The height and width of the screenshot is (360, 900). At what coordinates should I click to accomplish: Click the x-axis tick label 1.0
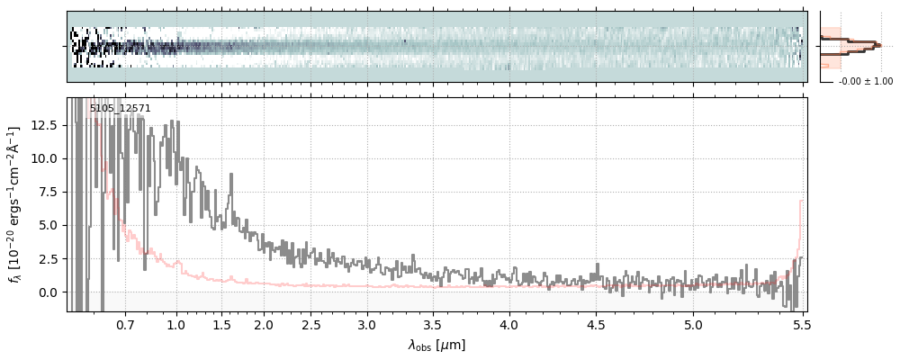pyautogui.click(x=176, y=324)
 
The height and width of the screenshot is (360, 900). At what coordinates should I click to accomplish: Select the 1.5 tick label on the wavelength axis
pyautogui.click(x=221, y=324)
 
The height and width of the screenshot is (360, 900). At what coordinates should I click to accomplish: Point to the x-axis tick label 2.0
pyautogui.click(x=264, y=324)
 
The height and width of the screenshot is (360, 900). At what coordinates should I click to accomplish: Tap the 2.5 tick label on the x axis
pyautogui.click(x=312, y=324)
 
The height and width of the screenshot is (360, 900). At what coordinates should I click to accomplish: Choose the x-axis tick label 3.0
pyautogui.click(x=366, y=324)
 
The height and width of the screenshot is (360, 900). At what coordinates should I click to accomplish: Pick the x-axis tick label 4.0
pyautogui.click(x=509, y=324)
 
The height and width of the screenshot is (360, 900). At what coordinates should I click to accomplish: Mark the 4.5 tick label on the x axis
pyautogui.click(x=596, y=324)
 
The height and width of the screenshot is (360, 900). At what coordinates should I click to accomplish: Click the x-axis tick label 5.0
pyautogui.click(x=693, y=324)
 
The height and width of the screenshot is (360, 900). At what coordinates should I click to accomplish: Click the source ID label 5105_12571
pyautogui.click(x=120, y=109)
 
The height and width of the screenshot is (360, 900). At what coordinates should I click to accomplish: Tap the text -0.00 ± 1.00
pyautogui.click(x=865, y=82)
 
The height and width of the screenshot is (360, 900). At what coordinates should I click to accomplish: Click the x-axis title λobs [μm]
pyautogui.click(x=436, y=345)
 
